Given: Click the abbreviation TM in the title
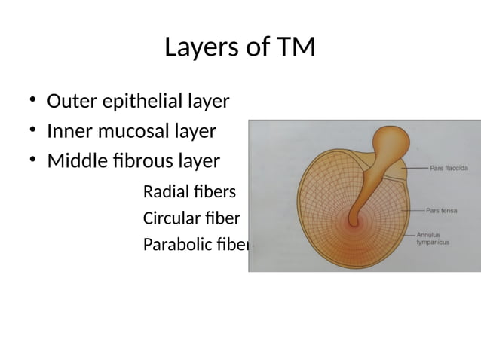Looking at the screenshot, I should click(x=296, y=48).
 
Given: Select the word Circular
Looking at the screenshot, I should click(x=170, y=219).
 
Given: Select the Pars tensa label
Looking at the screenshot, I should click(x=442, y=211).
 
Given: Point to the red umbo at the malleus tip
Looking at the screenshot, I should click(x=353, y=221).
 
